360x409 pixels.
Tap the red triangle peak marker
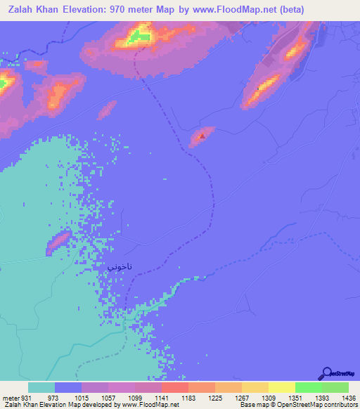(202, 136)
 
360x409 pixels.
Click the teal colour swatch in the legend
(41, 387)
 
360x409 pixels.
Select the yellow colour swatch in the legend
(282, 387)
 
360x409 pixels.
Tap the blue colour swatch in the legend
(68, 387)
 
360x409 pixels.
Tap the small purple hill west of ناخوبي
(58, 242)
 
